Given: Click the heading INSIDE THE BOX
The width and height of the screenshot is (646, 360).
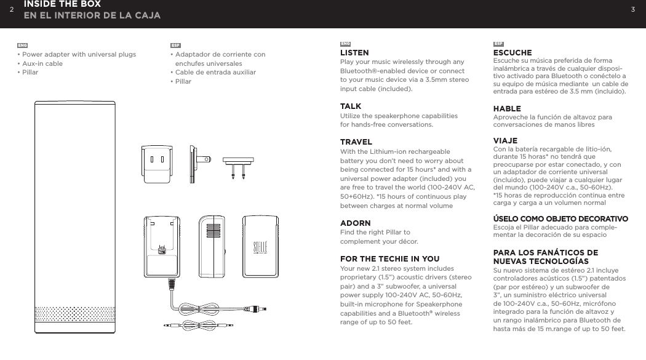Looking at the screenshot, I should coord(62,4).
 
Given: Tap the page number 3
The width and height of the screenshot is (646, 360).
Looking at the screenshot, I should coord(632,9).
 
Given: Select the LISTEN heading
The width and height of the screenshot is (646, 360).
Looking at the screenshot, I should coord(354,53).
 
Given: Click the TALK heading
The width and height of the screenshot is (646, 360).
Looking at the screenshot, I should coord(351,107).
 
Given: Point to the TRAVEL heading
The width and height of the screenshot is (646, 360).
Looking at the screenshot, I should coord(356,143).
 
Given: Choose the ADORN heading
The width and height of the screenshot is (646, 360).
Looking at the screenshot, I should coord(356,223).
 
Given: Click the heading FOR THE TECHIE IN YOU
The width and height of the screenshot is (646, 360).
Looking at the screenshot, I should coord(389,259).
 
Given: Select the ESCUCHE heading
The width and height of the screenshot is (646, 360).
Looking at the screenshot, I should coord(512,53).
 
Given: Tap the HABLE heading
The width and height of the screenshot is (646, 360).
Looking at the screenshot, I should coord(507,109).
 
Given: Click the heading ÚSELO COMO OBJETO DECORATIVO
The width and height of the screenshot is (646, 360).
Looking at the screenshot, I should coord(560,219).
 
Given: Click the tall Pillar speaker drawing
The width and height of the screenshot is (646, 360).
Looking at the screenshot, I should coord(74,215).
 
